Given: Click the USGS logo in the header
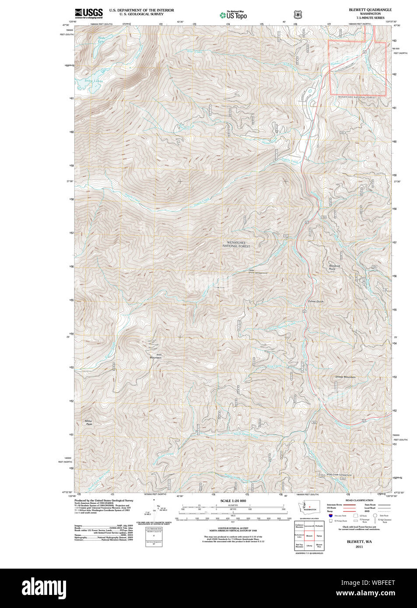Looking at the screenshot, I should pos(89,13).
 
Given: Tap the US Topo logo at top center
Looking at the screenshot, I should pos(233,15).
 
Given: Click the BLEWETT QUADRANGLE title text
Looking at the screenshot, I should pos(370,10).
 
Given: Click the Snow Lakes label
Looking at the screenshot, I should pos(94,81).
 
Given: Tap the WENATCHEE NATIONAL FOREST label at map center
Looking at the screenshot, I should pos(236,244).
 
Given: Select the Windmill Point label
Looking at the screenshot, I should pos(335,267).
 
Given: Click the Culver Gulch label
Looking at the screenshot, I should pos(315,301).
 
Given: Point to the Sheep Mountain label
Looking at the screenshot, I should pos(345,377).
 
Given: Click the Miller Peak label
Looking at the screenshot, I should pos(89,422).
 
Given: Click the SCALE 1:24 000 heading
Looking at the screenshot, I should pos(233,501).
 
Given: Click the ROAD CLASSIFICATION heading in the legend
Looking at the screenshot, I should pos(359,500).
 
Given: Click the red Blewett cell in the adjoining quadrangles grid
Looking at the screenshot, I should pos(309,535).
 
